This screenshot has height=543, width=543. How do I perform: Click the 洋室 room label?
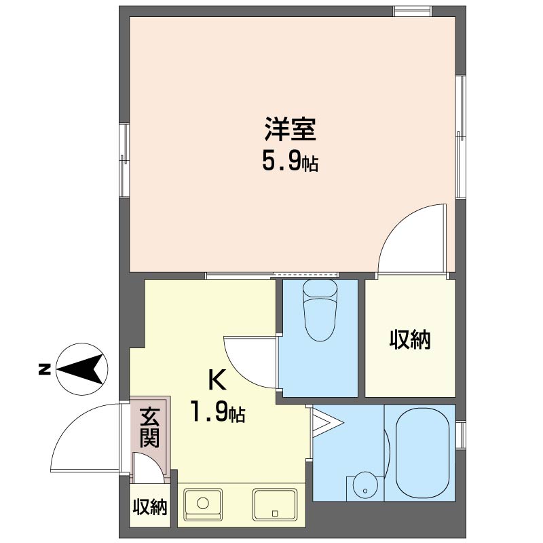tap(291, 129)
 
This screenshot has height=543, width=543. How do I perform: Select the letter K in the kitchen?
tap(217, 379)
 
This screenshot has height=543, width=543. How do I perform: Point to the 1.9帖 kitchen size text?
tap(218, 412)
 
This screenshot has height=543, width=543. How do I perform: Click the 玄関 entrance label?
tap(149, 428)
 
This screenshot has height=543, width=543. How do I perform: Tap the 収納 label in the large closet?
tap(410, 340)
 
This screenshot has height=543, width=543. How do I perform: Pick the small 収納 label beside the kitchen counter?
tap(150, 507)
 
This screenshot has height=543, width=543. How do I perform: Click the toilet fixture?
tap(320, 310)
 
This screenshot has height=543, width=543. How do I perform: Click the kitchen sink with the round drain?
tap(203, 504)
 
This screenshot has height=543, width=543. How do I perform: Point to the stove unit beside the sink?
tap(275, 504)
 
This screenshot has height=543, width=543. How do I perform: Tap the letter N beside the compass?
tap(44, 369)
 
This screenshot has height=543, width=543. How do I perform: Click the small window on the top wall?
tap(413, 12)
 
